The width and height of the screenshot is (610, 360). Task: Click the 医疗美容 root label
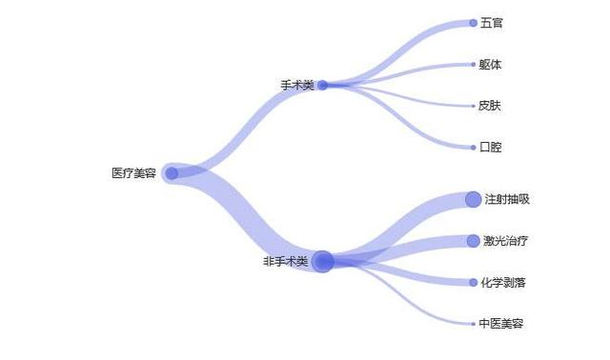[x=133, y=173]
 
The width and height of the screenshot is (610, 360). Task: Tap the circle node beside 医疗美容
[x=172, y=173]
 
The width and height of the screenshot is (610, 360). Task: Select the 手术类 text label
[x=296, y=86]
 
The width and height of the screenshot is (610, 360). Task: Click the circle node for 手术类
[x=323, y=85]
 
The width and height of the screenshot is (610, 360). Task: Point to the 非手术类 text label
[x=286, y=261]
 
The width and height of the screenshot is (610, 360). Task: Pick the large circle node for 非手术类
[x=323, y=261]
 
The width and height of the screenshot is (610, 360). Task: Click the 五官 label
[x=492, y=23]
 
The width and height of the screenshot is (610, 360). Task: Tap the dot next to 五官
[x=473, y=23]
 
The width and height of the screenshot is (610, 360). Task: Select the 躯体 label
[x=490, y=65]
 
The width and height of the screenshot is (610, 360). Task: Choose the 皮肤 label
[x=490, y=106]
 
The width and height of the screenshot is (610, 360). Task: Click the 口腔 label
[x=491, y=148]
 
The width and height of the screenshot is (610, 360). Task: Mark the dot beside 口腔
[x=473, y=148]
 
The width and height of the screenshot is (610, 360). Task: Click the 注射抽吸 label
[x=506, y=199]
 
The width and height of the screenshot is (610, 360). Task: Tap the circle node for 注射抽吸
[x=473, y=199]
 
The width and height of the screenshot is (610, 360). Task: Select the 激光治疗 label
[x=505, y=241]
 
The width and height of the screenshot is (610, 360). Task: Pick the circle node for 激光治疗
[x=473, y=241]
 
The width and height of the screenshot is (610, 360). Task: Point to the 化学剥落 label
[x=503, y=283]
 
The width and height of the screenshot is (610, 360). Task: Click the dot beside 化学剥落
[x=473, y=283]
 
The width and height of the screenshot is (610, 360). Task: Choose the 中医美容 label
[x=501, y=324]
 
